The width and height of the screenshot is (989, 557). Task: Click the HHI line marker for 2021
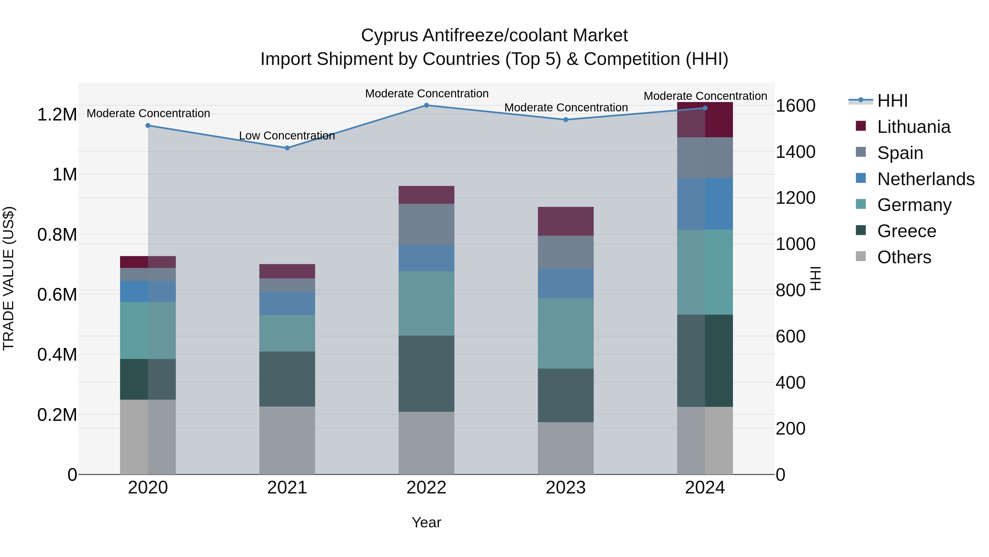[287, 148]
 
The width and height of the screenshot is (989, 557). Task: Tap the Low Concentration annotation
[287, 136]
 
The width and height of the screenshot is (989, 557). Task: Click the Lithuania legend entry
[913, 127]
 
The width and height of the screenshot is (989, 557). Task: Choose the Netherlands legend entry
[926, 179]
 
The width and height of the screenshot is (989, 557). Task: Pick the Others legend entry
[904, 257]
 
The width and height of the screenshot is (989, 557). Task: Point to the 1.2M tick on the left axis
[57, 114]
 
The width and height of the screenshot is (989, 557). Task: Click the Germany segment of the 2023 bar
[566, 333]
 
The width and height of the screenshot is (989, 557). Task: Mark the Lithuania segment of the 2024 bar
[705, 120]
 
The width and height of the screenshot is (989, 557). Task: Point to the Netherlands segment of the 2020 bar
[148, 291]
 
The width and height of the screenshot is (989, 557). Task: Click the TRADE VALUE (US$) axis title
[9, 278]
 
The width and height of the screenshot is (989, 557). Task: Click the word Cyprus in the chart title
[389, 36]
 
